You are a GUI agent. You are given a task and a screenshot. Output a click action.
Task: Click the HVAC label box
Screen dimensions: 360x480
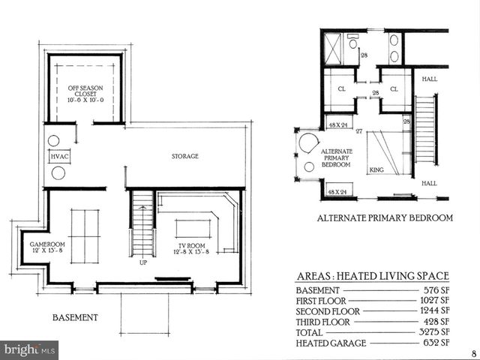[x=59, y=157]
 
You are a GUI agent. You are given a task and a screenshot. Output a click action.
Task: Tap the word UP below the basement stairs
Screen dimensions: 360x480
[x=142, y=262]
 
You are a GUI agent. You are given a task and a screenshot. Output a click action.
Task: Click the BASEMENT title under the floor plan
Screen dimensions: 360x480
[x=75, y=317]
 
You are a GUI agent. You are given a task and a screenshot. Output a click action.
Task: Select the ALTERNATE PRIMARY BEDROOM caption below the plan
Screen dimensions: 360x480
[x=385, y=218]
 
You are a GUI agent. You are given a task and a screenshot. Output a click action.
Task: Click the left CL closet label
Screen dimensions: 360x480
[x=340, y=88]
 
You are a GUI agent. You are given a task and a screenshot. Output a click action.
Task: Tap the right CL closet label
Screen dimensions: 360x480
[x=394, y=88]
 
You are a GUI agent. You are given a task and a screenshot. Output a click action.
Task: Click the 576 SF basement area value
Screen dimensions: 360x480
[x=436, y=290]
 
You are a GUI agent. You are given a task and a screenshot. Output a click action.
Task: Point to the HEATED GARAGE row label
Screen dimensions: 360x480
[x=330, y=343]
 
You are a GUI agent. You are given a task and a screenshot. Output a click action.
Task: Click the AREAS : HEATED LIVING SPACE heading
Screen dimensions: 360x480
[x=373, y=275]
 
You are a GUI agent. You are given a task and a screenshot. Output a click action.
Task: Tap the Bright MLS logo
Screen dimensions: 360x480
[x=29, y=349]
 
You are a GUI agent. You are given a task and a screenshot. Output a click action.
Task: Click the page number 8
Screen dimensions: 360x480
[x=473, y=353]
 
